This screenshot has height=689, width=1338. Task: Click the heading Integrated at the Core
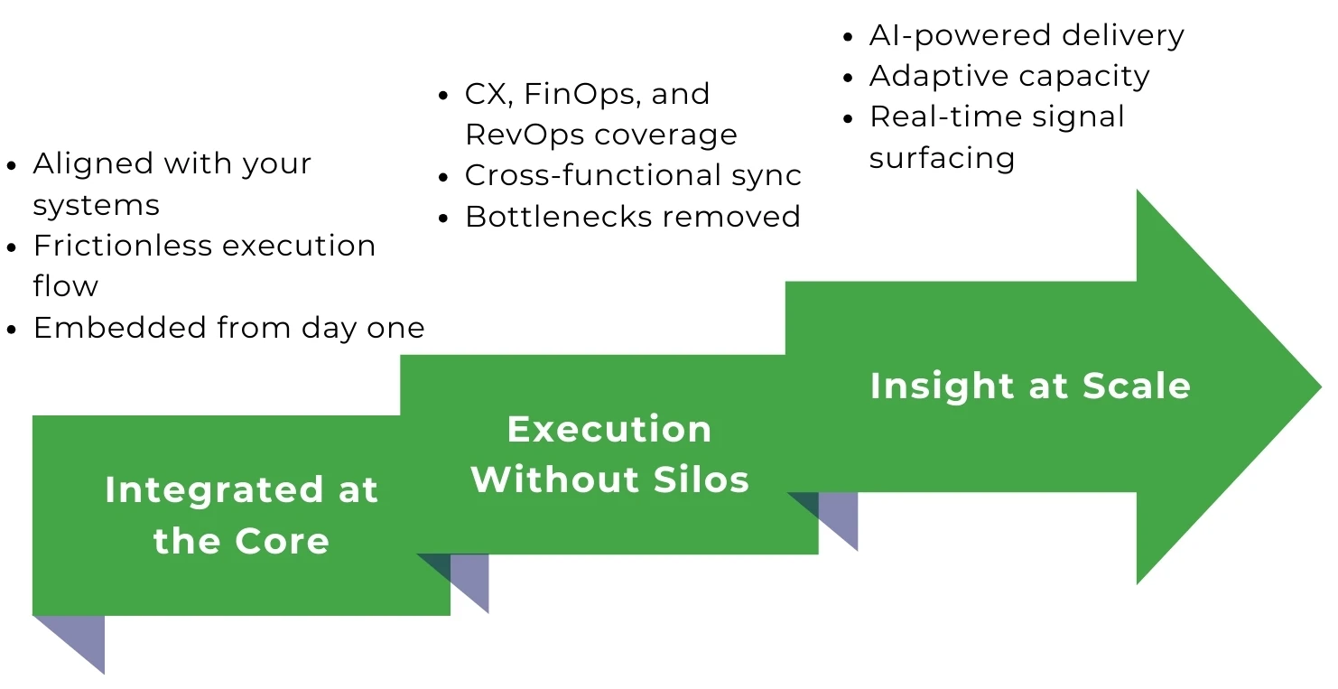pos(241,515)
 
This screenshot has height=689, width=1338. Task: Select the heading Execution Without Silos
pos(609,454)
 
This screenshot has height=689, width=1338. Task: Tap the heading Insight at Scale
pos(1030,386)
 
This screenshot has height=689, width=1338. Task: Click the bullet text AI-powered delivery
pos(1026,35)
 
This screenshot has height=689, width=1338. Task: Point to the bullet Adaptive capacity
pos(1008,76)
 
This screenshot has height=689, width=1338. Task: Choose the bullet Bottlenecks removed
pos(632,217)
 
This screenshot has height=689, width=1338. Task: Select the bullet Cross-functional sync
pos(632,175)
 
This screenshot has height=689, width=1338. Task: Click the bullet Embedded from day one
pos(228,327)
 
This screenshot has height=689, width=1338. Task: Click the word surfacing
pos(942,158)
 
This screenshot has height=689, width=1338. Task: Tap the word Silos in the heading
pos(707,480)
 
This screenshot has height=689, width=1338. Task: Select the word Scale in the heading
pos(1137,386)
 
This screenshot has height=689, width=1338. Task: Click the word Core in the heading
pos(282,541)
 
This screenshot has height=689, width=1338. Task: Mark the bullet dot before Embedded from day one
pos(12,329)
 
